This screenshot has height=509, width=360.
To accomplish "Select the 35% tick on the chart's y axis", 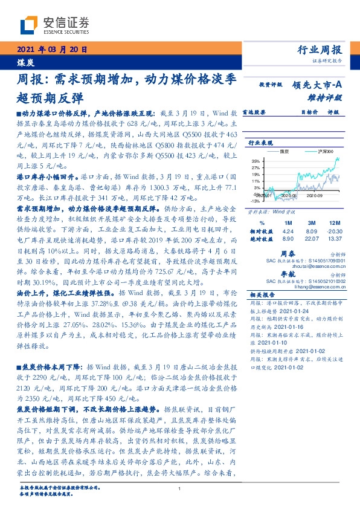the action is (256, 161).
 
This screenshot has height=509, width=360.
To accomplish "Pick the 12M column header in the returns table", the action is (333, 223).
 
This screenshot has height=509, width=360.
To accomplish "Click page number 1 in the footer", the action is (180, 490).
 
